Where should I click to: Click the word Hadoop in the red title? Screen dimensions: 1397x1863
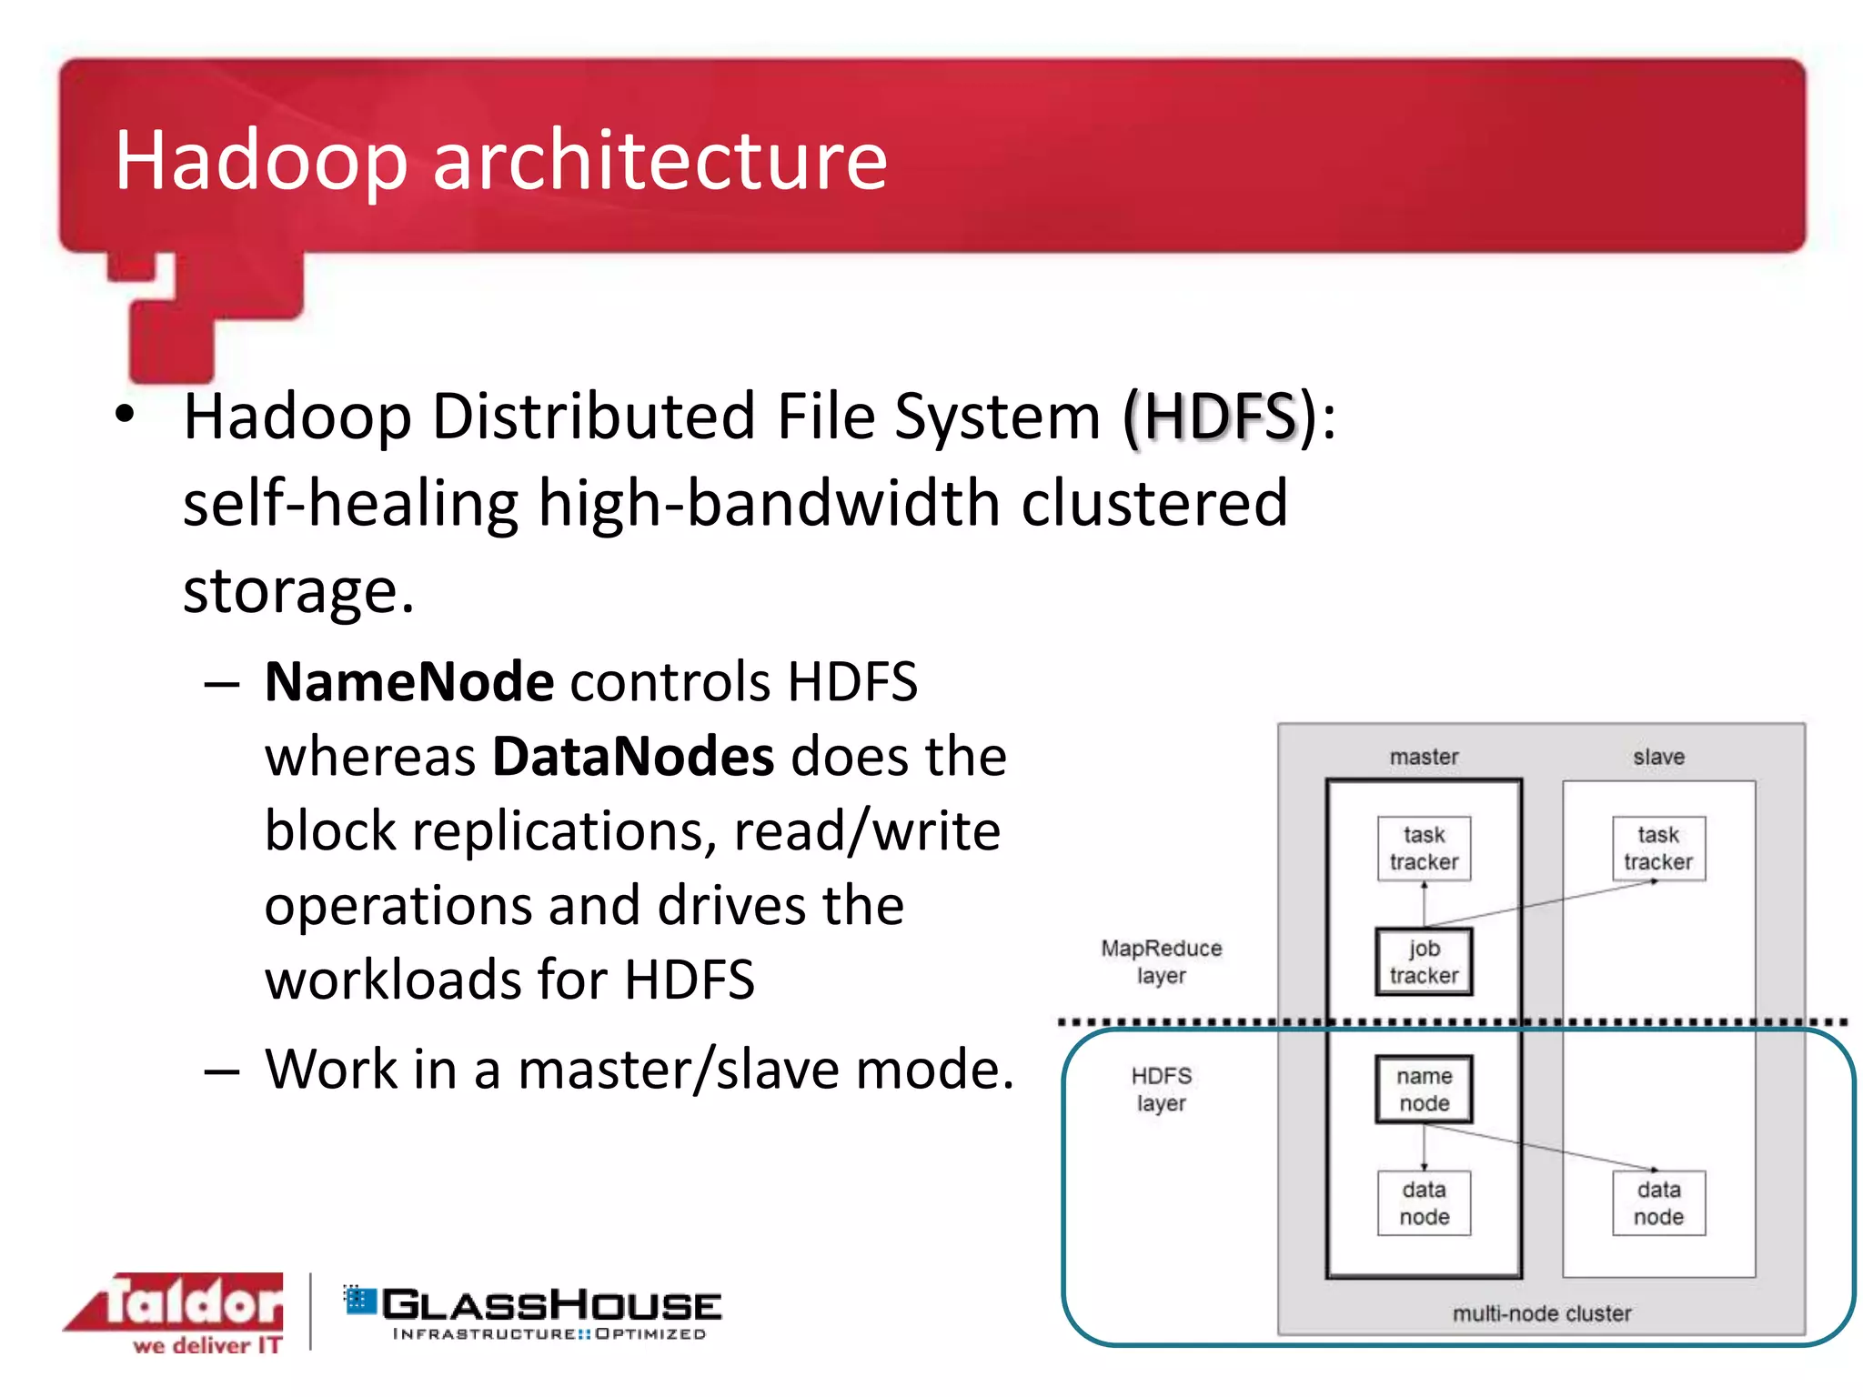click(260, 160)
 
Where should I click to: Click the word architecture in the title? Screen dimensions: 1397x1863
click(660, 160)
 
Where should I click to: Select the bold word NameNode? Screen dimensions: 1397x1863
click(409, 681)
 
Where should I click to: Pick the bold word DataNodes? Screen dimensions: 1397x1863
click(633, 756)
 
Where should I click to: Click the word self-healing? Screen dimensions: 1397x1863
click(350, 503)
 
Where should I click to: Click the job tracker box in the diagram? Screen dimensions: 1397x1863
click(1424, 961)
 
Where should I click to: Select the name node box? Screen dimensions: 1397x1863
click(1424, 1089)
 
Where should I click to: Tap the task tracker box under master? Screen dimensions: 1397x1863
click(1424, 848)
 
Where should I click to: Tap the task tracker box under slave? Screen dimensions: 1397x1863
click(1658, 848)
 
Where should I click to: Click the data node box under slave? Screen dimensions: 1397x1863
click(1658, 1202)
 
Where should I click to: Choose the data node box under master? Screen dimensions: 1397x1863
click(1424, 1202)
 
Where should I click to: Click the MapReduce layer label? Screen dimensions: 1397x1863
click(1161, 961)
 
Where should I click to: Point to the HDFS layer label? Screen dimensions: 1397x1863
click(1161, 1089)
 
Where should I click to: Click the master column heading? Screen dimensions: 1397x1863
click(1424, 757)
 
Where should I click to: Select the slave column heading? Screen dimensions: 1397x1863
click(1658, 757)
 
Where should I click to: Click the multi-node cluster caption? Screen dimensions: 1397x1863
click(1541, 1313)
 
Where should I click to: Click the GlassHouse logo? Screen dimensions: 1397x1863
click(534, 1312)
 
